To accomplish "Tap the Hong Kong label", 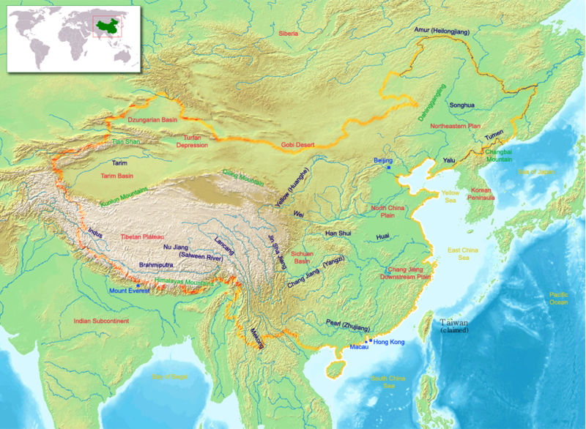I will [x=389, y=342].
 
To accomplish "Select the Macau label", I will [x=359, y=346].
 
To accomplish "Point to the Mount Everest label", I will [x=129, y=291].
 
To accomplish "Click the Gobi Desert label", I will [x=298, y=146].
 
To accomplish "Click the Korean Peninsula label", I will [x=499, y=193].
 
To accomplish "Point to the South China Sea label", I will [x=388, y=382].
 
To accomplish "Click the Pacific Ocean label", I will [x=559, y=299].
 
